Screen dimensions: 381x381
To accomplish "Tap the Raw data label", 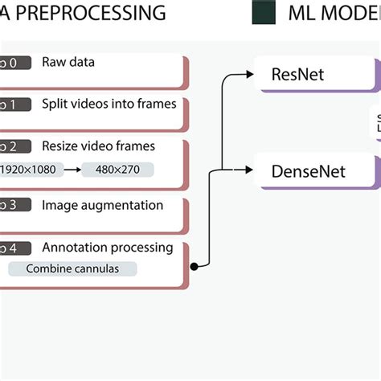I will click(x=68, y=62).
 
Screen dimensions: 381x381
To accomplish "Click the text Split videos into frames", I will click(x=109, y=104).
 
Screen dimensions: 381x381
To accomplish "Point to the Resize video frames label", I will click(x=98, y=146).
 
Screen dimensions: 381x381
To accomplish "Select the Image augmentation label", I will click(x=102, y=205).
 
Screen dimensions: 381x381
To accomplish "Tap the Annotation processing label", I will click(x=107, y=247).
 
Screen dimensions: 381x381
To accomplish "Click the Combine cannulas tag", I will click(x=72, y=268).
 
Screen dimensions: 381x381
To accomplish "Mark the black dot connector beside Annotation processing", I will click(x=194, y=266).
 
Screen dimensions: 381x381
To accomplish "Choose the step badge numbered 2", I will click(x=14, y=146).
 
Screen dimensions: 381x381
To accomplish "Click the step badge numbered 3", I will click(x=14, y=206).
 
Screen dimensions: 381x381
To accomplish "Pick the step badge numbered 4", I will click(x=14, y=248).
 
